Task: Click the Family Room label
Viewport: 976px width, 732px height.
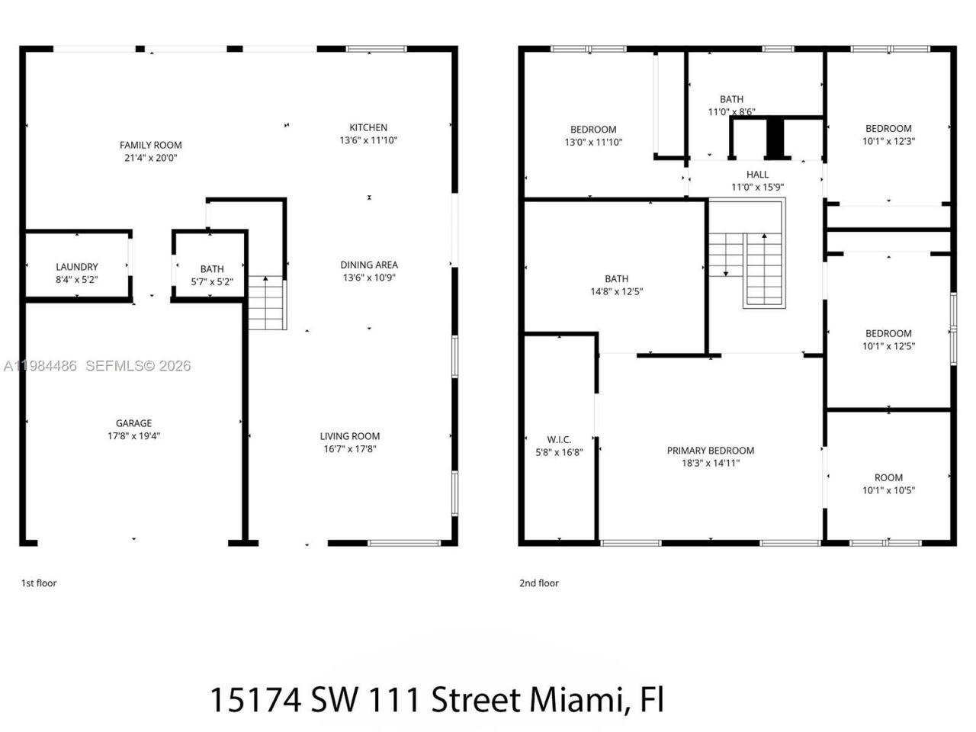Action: tap(150, 145)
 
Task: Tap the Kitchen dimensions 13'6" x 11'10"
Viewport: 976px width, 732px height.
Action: tap(368, 140)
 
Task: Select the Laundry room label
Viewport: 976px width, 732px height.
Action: tap(76, 267)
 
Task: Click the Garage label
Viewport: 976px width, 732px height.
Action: tap(133, 423)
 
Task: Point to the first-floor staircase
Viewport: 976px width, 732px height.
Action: tap(266, 303)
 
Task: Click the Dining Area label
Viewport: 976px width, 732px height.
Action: tap(369, 265)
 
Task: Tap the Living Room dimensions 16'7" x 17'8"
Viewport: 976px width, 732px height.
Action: tap(350, 449)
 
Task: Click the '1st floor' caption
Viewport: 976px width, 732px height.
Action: tap(38, 583)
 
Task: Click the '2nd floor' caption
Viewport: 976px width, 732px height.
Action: tap(539, 583)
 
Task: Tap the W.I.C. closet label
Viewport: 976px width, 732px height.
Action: tap(559, 440)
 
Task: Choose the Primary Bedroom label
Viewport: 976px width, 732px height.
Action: tap(711, 451)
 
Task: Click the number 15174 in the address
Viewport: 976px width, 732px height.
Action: tap(254, 699)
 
